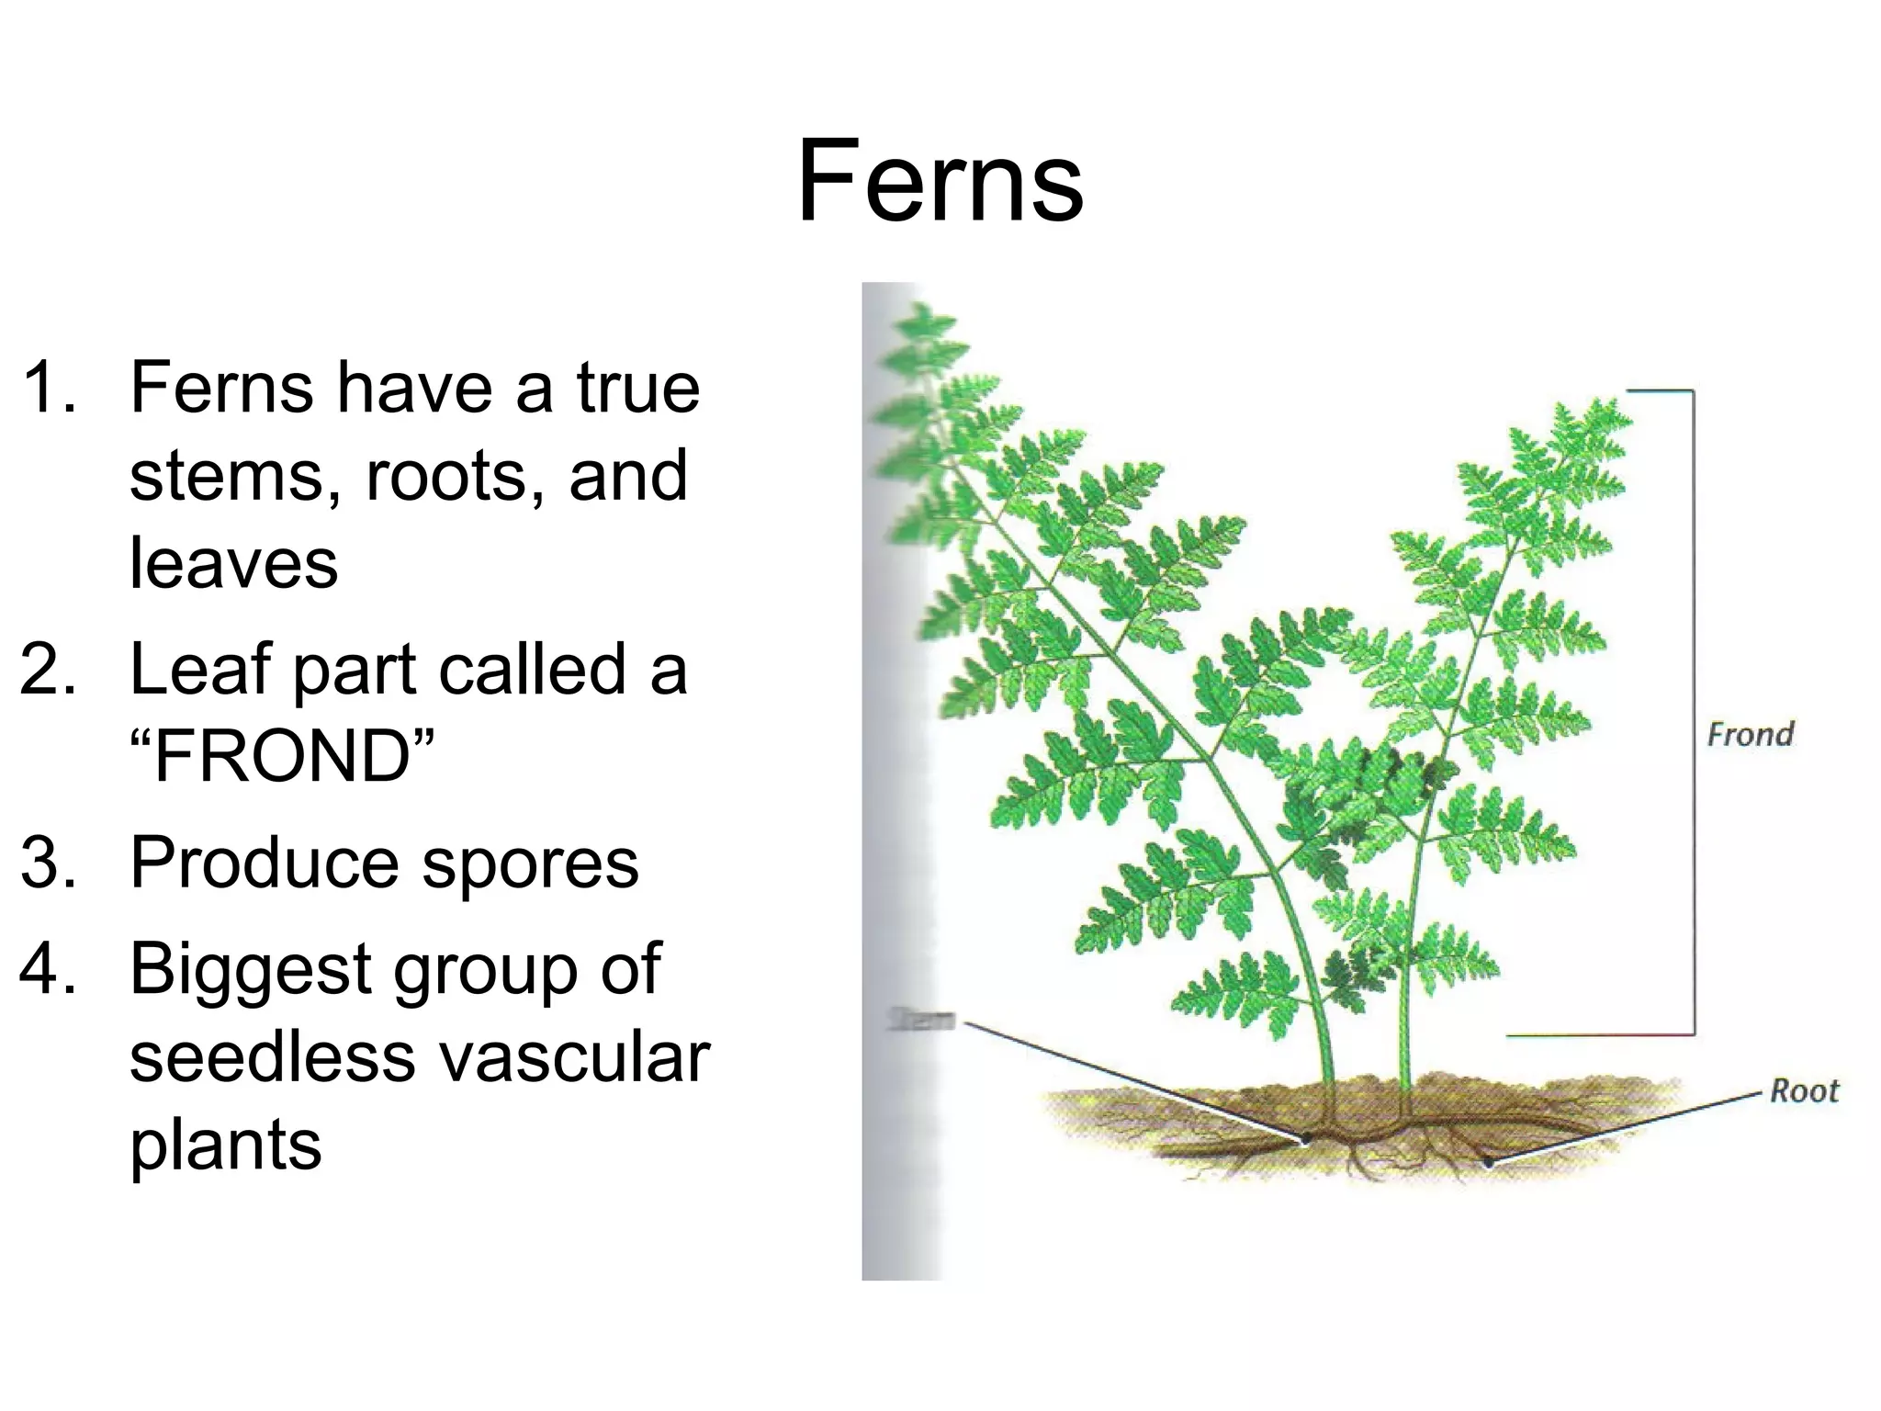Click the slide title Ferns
[940, 181]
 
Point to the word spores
[530, 864]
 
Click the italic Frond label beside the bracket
[1751, 735]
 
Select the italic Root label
[1804, 1091]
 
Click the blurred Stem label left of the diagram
[922, 1020]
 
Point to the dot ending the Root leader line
[1489, 1162]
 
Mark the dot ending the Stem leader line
[1305, 1139]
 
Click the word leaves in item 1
[233, 563]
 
